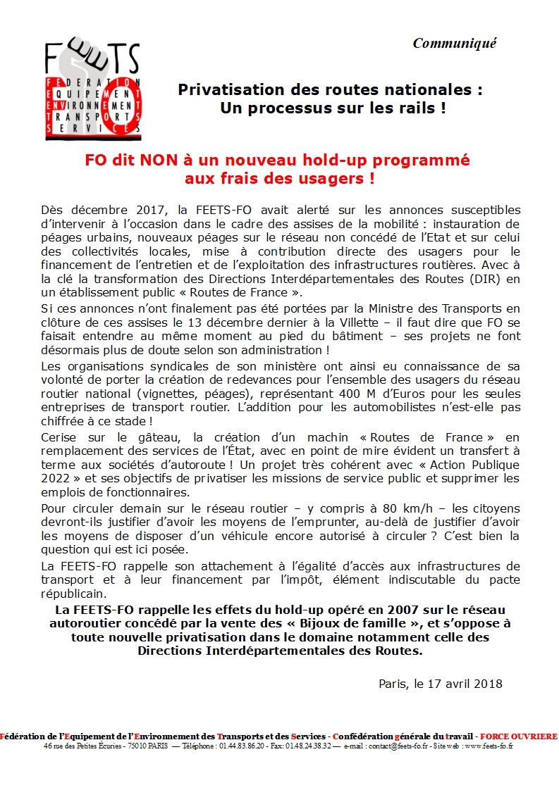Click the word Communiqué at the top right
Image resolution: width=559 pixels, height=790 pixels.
click(455, 43)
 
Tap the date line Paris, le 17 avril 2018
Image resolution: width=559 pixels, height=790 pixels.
click(440, 683)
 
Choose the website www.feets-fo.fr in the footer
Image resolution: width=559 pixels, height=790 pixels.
click(489, 746)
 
